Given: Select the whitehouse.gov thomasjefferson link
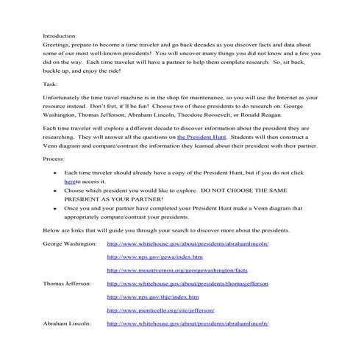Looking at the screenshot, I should (188, 284).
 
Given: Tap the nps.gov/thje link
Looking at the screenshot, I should (152, 297).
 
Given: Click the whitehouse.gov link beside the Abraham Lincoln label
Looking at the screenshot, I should (188, 324).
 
